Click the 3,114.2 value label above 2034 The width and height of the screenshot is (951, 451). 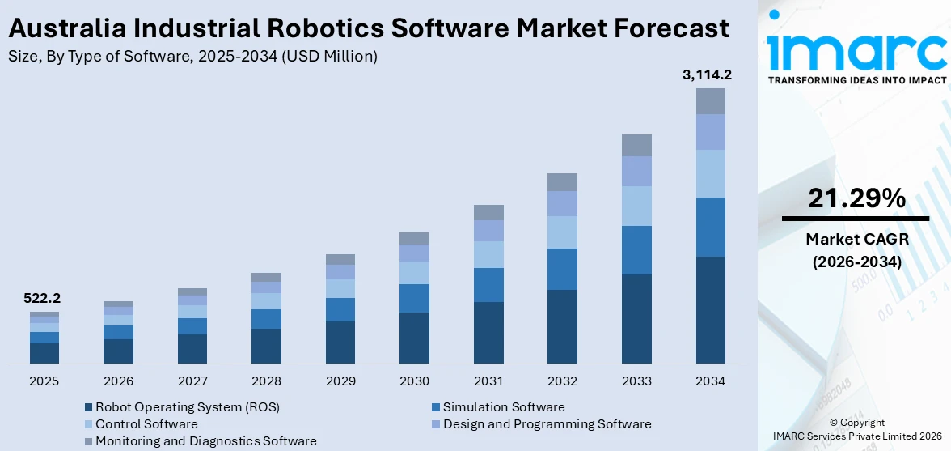click(707, 75)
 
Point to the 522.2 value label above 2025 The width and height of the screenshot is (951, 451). click(43, 299)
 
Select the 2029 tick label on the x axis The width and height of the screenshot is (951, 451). click(340, 381)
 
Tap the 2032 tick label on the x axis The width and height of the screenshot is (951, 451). click(562, 381)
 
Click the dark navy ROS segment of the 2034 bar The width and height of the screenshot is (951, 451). click(711, 309)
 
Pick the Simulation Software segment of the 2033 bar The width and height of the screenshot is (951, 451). click(636, 250)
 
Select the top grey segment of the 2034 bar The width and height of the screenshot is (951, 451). click(711, 101)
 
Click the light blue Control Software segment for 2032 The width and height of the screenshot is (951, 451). click(562, 232)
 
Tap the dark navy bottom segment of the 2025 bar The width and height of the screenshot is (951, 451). click(44, 353)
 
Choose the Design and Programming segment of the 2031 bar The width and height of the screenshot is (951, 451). click(488, 231)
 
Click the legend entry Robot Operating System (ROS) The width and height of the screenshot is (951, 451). click(187, 407)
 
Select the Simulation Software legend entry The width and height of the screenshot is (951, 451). click(503, 407)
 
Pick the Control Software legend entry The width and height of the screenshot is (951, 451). click(146, 424)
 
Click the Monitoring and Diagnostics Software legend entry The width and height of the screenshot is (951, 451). click(205, 441)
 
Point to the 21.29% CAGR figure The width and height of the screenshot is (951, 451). click(856, 198)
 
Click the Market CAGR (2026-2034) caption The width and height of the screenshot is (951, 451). click(856, 250)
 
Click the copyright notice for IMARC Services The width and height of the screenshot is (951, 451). click(856, 430)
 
